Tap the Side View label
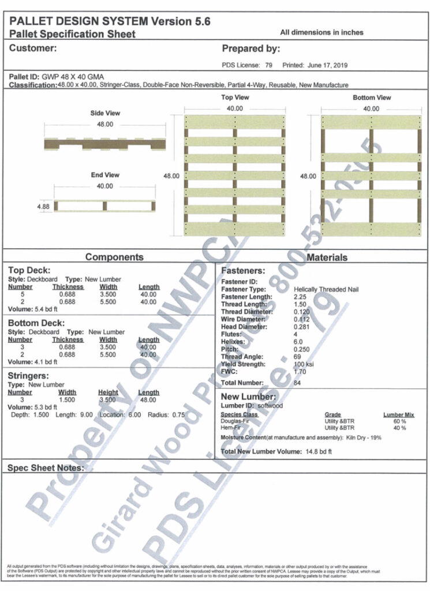pyautogui.click(x=105, y=113)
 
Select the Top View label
pyautogui.click(x=235, y=98)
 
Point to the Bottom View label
pyautogui.click(x=372, y=98)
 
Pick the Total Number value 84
pyautogui.click(x=298, y=383)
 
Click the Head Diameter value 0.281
pyautogui.click(x=302, y=327)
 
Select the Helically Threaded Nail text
pyautogui.click(x=326, y=289)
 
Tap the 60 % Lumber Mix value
pyautogui.click(x=399, y=422)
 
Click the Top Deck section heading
pyautogui.click(x=29, y=270)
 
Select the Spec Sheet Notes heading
pyautogui.click(x=45, y=467)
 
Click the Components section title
pyautogui.click(x=114, y=257)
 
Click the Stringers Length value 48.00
pyautogui.click(x=149, y=399)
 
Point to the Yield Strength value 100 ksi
pyautogui.click(x=304, y=364)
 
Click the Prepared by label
pyautogui.click(x=251, y=48)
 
